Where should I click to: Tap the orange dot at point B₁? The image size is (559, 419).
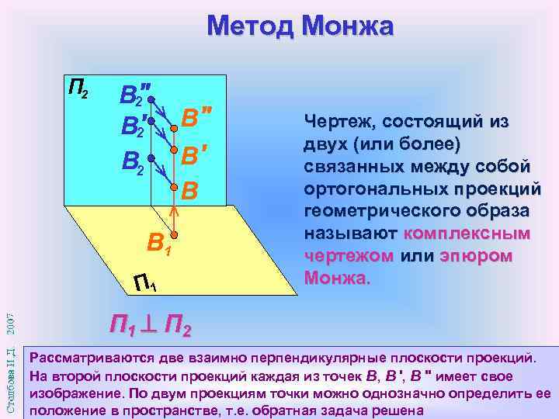tap(175, 234)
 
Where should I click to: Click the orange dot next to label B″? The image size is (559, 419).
tap(175, 128)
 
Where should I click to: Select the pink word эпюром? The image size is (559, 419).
tap(475, 256)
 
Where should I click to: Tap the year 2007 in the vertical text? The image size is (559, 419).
tap(10, 310)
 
